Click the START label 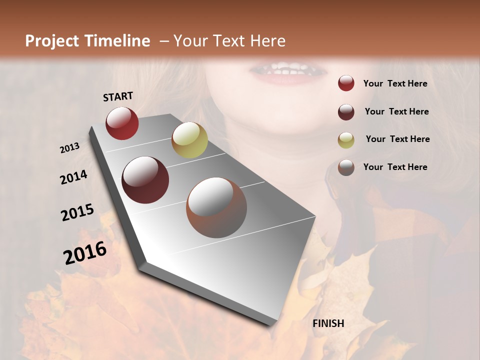click(118, 96)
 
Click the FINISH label click(328, 323)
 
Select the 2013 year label click(70, 147)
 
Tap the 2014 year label click(74, 177)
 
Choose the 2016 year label click(85, 252)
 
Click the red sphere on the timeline click(122, 123)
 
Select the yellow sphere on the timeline click(189, 140)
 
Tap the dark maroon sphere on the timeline click(145, 180)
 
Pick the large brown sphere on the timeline click(216, 207)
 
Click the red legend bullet click(346, 83)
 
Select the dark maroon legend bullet click(346, 112)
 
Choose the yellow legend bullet click(346, 140)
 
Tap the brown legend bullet click(346, 167)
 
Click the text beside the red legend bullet click(395, 83)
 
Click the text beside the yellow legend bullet click(397, 139)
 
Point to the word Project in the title click(52, 41)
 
